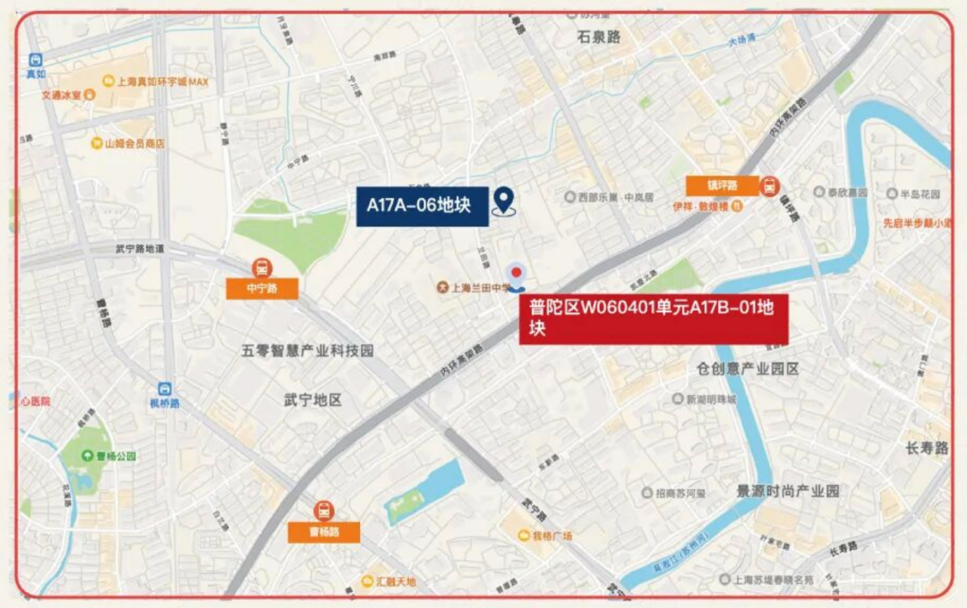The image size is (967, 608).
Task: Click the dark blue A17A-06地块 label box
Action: click(x=422, y=206)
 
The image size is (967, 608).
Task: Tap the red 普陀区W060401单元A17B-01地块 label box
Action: click(x=654, y=319)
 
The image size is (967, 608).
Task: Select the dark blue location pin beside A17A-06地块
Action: click(x=504, y=201)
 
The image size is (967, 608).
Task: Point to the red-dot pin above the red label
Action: click(x=516, y=276)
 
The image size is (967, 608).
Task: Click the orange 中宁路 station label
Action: click(x=261, y=288)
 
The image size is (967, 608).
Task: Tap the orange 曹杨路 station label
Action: click(x=323, y=532)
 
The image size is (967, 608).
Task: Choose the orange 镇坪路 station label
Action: click(x=722, y=185)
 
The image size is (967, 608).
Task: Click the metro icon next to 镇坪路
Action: click(x=769, y=185)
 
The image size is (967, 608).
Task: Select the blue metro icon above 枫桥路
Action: click(x=165, y=390)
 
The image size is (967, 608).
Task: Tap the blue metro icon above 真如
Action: click(x=35, y=60)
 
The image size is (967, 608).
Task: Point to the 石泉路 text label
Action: click(x=598, y=38)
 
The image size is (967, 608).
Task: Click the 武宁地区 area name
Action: click(x=312, y=399)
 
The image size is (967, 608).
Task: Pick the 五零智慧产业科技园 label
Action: click(x=308, y=351)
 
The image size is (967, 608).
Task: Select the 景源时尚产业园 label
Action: click(x=787, y=491)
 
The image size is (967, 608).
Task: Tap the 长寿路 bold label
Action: click(x=926, y=448)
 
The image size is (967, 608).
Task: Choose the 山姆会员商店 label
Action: click(x=134, y=143)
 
